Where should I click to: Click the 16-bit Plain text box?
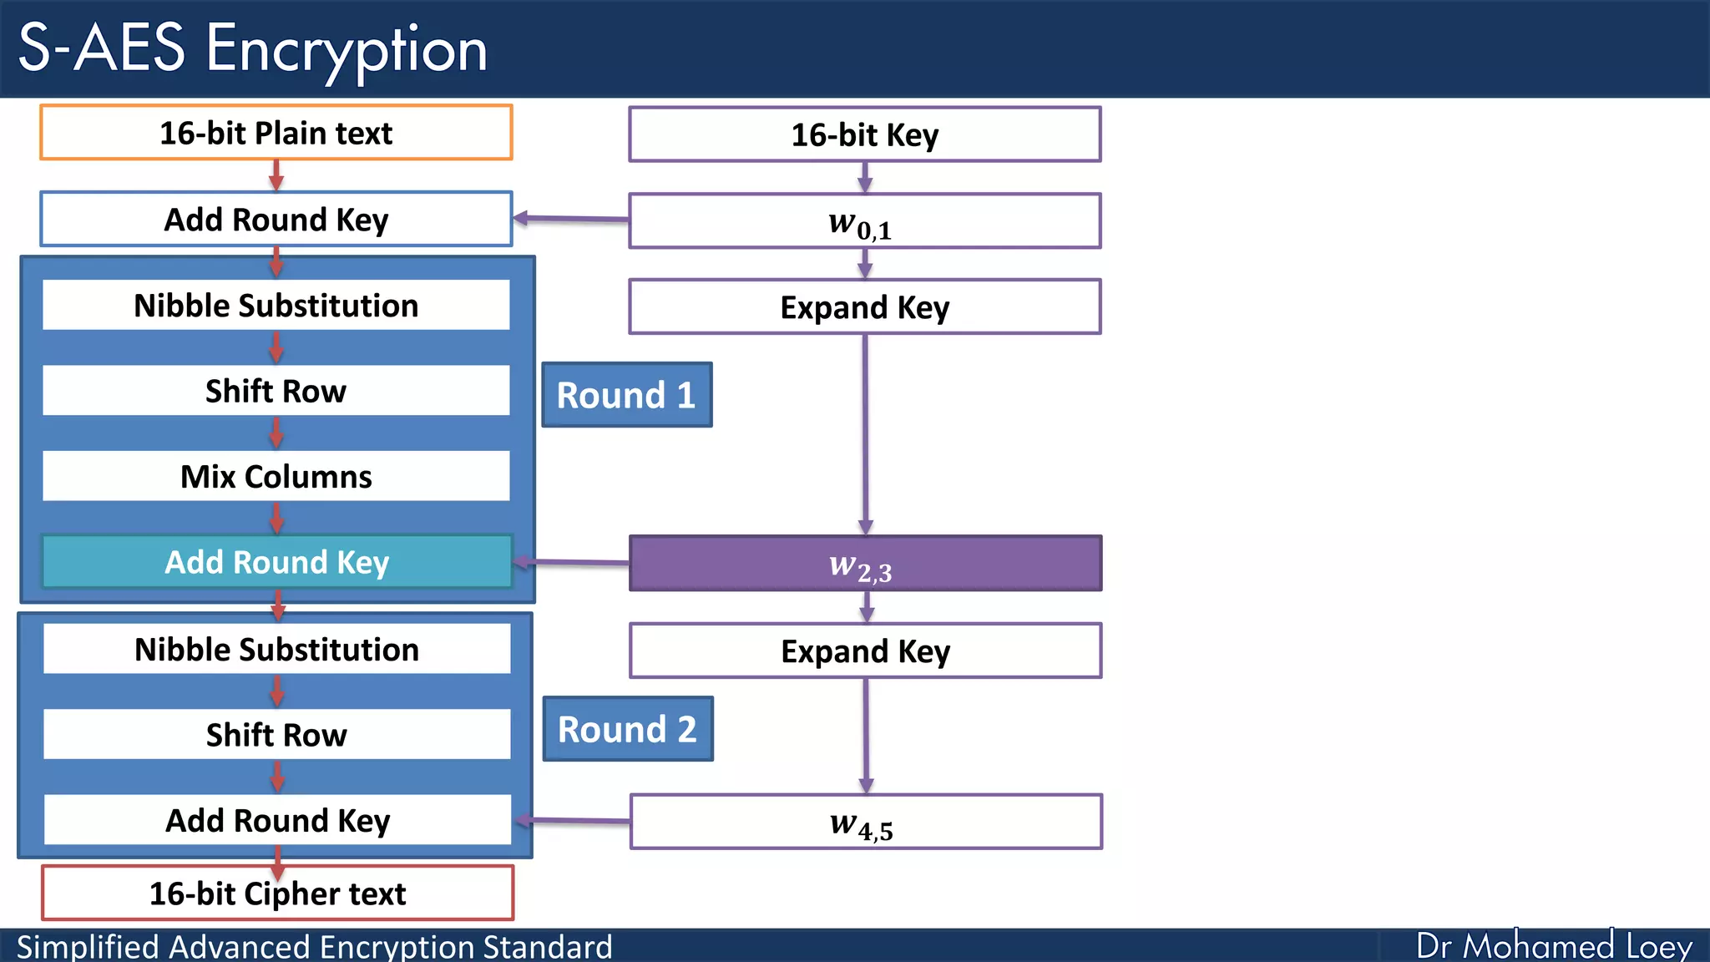276,133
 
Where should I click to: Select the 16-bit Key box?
864,134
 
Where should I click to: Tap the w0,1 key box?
864,221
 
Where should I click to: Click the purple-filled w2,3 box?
864,564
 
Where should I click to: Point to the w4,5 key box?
865,822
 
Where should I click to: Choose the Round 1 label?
626,395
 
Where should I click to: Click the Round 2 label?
627,729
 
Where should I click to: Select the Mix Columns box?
276,476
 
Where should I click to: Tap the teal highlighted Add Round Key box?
276,562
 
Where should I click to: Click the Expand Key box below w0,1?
864,307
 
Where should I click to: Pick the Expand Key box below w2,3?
865,651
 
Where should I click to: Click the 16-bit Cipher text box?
277,894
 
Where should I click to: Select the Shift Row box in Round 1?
276,391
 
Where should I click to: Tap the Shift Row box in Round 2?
276,735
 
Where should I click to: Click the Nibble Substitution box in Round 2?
276,649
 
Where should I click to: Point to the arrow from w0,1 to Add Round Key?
571,219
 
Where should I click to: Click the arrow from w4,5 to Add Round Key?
573,821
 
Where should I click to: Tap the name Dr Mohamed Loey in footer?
1553,946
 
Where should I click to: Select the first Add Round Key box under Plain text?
276,220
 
